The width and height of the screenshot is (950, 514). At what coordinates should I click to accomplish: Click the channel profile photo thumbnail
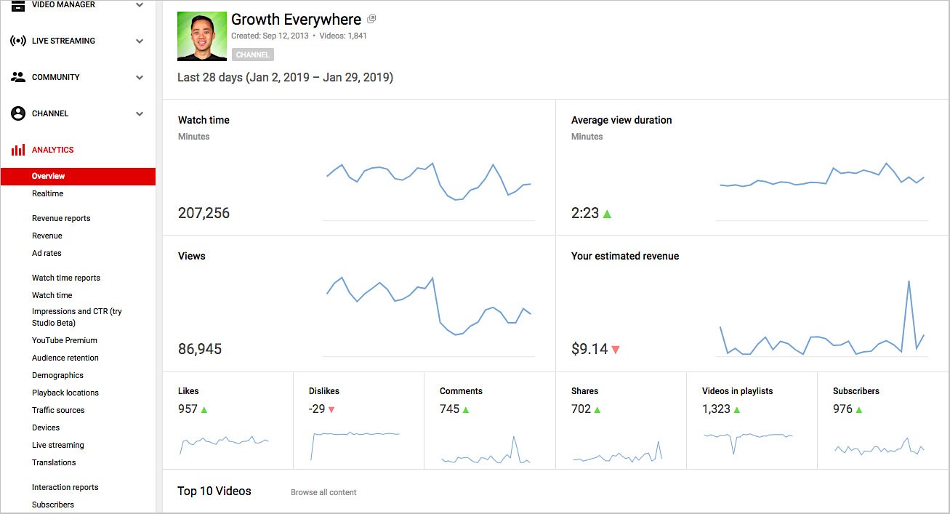point(202,36)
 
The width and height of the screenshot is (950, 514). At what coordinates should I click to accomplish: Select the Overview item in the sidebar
point(48,176)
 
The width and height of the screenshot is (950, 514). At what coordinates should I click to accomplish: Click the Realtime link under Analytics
point(47,193)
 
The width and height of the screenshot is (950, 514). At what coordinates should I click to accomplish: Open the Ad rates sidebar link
point(47,253)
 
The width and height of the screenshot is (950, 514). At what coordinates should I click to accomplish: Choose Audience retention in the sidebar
point(65,358)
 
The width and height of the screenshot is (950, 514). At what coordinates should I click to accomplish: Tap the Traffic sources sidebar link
point(58,410)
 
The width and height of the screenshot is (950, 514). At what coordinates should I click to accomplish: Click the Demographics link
point(57,375)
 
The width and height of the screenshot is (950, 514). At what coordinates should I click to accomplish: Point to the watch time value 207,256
point(204,213)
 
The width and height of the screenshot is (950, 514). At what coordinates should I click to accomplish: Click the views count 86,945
point(200,349)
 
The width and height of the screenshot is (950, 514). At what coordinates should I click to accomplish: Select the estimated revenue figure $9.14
point(589,349)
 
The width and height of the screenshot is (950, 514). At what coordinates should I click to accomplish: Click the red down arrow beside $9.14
point(616,350)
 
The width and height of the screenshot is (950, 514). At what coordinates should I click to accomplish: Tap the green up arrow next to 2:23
point(607,214)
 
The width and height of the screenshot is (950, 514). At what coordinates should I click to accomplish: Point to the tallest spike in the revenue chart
point(909,281)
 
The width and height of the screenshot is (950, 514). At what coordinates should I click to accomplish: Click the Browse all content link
point(323,492)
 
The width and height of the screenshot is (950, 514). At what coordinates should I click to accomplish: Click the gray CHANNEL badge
point(252,55)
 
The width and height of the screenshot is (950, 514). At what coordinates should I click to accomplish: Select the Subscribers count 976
point(842,409)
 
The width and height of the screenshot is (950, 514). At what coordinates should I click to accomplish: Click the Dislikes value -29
point(317,409)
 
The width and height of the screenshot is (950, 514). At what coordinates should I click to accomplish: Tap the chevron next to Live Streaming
point(140,41)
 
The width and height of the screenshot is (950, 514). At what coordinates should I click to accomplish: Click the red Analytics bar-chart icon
point(18,150)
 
